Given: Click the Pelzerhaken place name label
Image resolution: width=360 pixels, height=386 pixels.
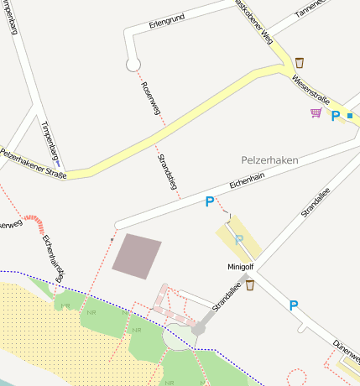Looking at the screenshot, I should click(x=270, y=159).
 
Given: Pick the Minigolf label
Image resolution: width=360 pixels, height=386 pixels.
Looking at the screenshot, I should click(x=240, y=267).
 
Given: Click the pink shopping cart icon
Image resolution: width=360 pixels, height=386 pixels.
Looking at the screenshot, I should click(x=316, y=112).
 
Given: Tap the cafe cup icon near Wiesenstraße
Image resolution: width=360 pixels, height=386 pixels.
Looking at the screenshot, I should click(x=300, y=61).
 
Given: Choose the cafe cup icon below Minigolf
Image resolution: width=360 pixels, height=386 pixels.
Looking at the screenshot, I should click(x=250, y=284).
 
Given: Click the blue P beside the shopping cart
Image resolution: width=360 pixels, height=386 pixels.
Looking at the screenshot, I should click(x=335, y=116).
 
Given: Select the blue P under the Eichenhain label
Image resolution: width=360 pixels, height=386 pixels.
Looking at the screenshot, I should click(x=210, y=201).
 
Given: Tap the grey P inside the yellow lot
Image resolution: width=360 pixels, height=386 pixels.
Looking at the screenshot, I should click(x=239, y=240).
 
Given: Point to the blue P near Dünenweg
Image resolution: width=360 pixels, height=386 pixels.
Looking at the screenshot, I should click(x=294, y=305).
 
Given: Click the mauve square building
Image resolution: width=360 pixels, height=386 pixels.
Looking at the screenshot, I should click(x=137, y=256).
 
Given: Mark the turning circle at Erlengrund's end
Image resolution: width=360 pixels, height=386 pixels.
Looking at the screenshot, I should click(x=132, y=64).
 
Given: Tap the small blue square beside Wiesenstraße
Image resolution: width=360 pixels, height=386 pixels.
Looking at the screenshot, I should click(x=350, y=115).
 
